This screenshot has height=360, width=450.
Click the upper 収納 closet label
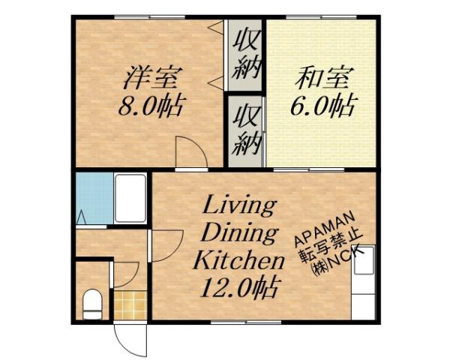(x=244, y=53)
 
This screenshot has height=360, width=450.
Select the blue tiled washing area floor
(x=94, y=196)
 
